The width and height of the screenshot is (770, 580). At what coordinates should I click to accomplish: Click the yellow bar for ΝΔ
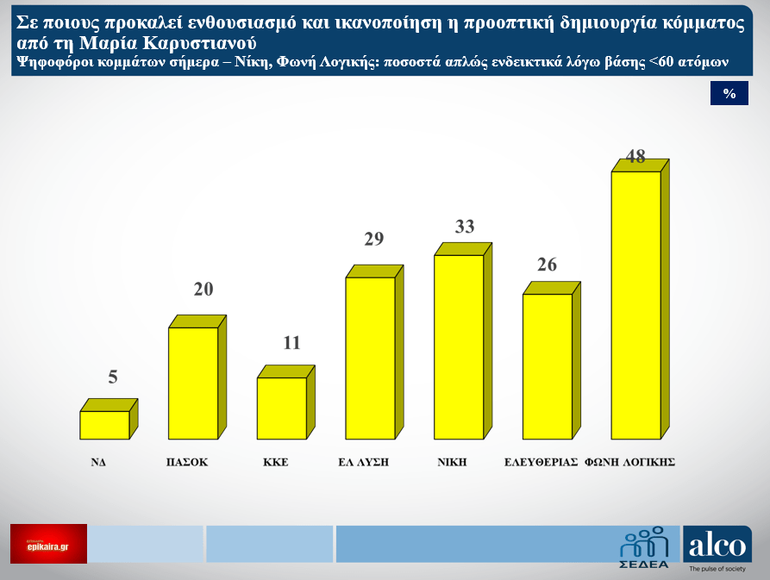[104, 425]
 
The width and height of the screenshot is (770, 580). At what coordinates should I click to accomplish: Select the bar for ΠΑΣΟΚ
[193, 383]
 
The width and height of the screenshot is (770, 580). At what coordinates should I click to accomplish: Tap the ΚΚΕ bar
[282, 408]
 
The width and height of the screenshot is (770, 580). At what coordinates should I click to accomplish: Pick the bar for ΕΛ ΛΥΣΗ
[370, 358]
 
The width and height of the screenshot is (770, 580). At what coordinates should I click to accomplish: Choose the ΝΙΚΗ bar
[459, 346]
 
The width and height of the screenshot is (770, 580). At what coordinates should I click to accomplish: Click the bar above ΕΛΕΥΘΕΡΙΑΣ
[548, 366]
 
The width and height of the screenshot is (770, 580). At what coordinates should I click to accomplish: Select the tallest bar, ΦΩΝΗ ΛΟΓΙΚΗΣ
[635, 305]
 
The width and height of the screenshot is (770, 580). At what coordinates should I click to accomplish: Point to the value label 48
[636, 156]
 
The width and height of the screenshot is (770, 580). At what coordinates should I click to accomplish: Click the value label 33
[465, 227]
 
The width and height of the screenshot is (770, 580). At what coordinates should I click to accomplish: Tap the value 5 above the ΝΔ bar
[112, 377]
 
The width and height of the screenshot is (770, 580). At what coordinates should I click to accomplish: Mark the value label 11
[291, 343]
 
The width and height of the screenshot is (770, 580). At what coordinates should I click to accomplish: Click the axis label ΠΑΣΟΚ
[187, 462]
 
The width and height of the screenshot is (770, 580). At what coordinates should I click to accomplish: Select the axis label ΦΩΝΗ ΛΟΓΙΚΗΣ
[629, 462]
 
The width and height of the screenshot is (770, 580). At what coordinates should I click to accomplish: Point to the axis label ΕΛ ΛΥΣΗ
[364, 462]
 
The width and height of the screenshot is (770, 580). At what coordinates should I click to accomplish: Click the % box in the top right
[729, 94]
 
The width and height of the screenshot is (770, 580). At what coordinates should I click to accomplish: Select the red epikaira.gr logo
[49, 544]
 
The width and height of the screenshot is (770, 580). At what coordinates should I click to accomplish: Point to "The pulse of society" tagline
[717, 570]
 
